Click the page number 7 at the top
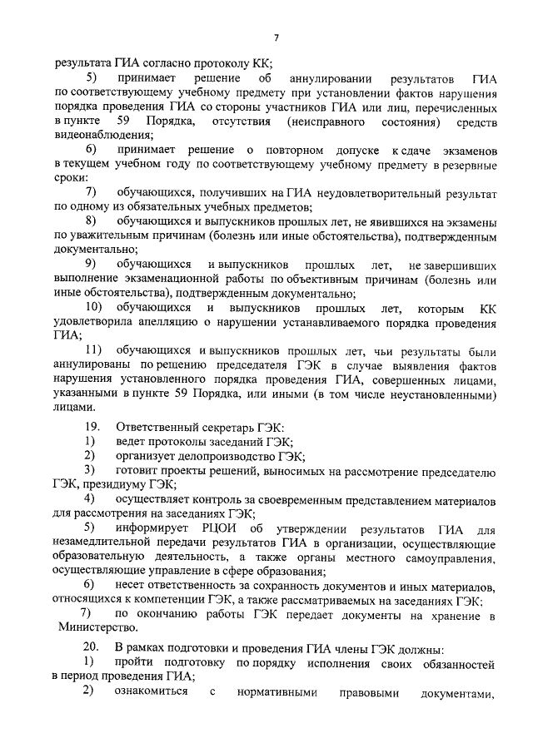pyautogui.click(x=276, y=37)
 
